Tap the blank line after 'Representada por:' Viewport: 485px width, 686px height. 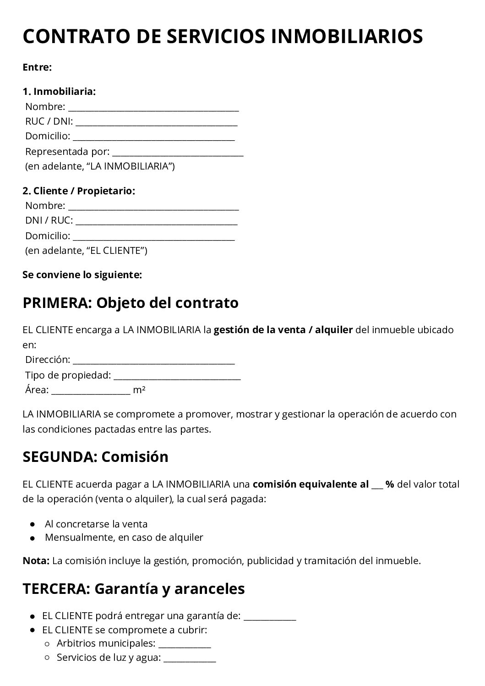point(178,153)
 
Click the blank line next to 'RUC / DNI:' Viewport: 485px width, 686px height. point(156,123)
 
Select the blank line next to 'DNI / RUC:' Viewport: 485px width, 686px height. point(156,222)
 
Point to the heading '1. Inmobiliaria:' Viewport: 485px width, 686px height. point(59,91)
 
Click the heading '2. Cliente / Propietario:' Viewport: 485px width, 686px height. point(79,191)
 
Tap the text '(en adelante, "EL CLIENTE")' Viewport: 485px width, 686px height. point(86,251)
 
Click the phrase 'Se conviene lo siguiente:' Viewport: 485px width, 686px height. point(82,275)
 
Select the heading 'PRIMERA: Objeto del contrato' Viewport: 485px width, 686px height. point(131,303)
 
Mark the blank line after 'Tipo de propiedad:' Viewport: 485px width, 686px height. point(177,377)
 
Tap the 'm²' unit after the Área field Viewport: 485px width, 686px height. point(139,390)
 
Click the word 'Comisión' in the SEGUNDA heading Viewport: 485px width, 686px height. point(135,456)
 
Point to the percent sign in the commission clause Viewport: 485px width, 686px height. point(390,484)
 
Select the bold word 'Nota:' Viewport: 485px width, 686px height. point(36,560)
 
